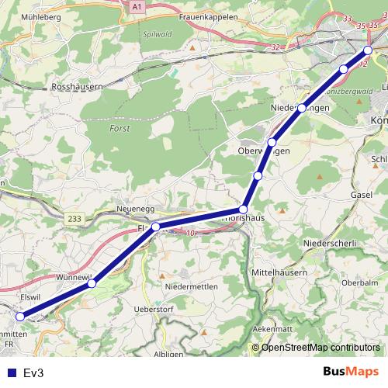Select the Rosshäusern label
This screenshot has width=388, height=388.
click(x=78, y=88)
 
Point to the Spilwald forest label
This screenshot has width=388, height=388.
click(x=157, y=35)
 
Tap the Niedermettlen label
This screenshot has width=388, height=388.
click(x=191, y=287)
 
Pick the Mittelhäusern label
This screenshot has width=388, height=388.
click(x=280, y=273)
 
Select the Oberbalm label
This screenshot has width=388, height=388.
click(x=359, y=282)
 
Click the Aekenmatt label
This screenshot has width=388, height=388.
click(x=272, y=329)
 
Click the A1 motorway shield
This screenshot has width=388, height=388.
click(x=137, y=6)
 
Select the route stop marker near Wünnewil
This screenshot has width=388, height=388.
click(x=92, y=283)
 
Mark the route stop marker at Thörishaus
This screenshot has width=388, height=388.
click(x=243, y=210)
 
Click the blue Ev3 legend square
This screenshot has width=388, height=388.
click(x=12, y=372)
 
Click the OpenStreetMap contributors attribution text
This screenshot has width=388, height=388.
click(x=320, y=347)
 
